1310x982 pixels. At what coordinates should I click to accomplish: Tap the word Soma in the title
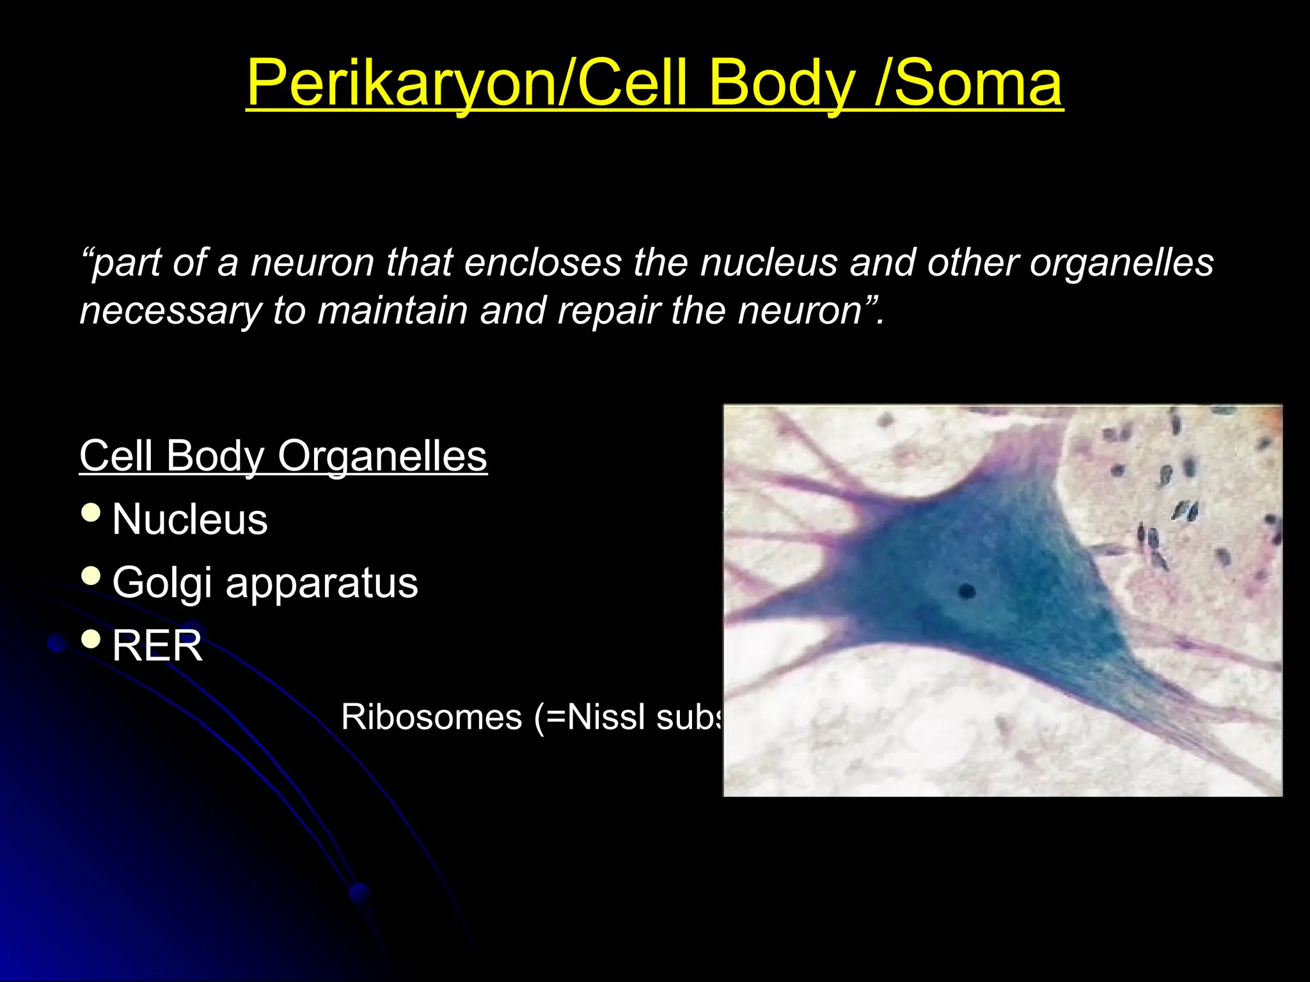point(978,83)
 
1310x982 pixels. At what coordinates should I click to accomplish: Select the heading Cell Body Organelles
point(283,456)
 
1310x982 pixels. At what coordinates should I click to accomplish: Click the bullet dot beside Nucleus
point(91,512)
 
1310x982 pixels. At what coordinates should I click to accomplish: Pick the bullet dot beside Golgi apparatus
point(91,575)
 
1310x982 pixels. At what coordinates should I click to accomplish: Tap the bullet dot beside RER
point(91,638)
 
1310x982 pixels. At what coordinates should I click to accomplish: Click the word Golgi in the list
point(161,583)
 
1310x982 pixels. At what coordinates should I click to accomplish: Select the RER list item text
point(157,646)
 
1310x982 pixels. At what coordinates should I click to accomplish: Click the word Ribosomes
point(432,717)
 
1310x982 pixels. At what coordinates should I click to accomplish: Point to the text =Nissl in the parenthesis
point(596,717)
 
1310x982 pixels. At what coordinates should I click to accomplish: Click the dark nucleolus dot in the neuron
point(967,591)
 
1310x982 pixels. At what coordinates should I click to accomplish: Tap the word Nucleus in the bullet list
point(189,519)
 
